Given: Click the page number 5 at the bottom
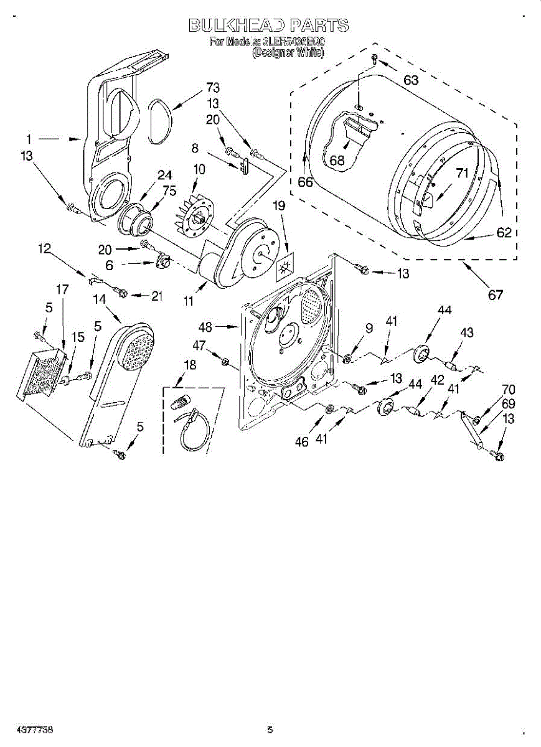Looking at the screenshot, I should tap(270, 730).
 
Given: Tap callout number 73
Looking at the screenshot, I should tap(213, 88).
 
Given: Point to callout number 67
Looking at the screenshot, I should tap(495, 295).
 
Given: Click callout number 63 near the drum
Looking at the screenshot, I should tap(411, 80).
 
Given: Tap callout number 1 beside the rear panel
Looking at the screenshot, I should tap(29, 138).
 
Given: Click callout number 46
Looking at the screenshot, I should tap(301, 443).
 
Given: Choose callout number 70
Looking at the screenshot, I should tap(509, 391).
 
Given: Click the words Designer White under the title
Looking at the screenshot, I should tap(288, 54).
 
